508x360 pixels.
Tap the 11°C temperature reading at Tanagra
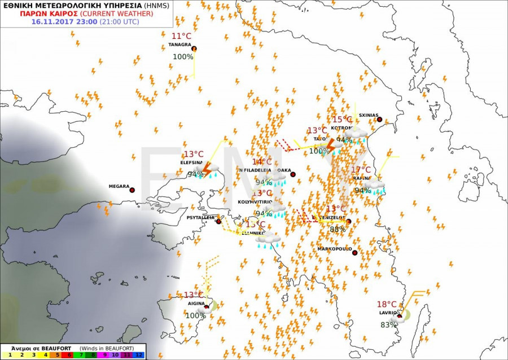click(x=181, y=36)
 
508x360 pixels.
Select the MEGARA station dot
click(x=132, y=190)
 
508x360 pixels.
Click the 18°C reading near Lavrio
click(x=387, y=304)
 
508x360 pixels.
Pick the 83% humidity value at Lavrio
click(x=388, y=325)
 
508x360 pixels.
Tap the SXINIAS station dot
click(x=379, y=120)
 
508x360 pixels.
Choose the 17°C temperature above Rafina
click(x=361, y=170)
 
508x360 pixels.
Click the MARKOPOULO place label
click(x=334, y=249)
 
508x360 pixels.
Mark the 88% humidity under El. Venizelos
click(x=338, y=230)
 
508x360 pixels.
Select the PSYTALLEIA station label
click(x=200, y=217)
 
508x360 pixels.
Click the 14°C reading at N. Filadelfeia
click(x=262, y=163)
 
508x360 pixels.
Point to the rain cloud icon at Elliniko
click(x=268, y=240)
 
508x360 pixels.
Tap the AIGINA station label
click(x=196, y=304)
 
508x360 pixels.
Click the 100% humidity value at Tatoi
click(x=319, y=151)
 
